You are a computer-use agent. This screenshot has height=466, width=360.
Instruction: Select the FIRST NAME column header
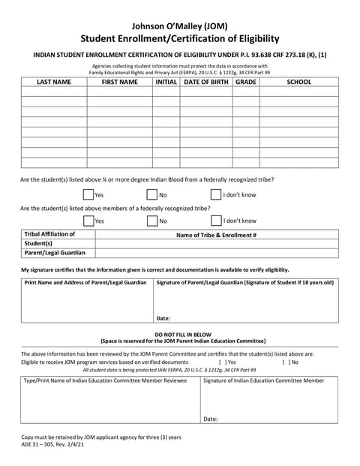pos(120,82)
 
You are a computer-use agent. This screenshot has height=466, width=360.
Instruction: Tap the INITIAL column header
pos(166,82)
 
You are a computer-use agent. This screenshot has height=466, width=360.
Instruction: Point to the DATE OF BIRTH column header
pos(205,82)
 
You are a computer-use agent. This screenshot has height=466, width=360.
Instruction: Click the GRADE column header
pos(245,82)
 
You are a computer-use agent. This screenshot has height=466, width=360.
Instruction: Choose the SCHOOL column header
pos(298,82)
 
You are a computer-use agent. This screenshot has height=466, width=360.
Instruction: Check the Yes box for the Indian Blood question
pos(88,195)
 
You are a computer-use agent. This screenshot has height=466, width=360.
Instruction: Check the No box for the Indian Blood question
pos(151,195)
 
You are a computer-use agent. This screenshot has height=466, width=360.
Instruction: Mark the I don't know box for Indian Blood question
pos(215,195)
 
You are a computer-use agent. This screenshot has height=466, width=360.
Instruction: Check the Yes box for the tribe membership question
pos(88,221)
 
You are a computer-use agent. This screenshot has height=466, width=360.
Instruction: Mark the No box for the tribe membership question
pos(151,221)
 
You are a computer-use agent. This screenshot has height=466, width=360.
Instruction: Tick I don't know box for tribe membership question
pos(215,221)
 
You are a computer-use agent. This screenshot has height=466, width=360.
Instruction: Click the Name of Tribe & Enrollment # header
pos(216,235)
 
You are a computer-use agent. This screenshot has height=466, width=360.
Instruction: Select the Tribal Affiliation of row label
pos(49,234)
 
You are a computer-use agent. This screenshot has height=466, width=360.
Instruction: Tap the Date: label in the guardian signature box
pos(164,317)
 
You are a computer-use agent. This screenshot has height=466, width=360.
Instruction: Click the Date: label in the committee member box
pos(211,419)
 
